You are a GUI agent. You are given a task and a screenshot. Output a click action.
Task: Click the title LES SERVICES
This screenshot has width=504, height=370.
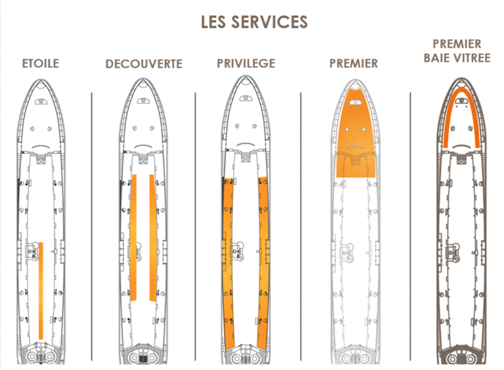(x=254, y=22)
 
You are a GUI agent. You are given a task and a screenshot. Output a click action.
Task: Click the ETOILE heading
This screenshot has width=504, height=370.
(x=40, y=64)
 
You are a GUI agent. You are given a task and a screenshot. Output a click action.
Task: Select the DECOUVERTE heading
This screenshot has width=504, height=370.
(x=144, y=64)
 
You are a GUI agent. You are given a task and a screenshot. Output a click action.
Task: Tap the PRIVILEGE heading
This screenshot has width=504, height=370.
(x=246, y=64)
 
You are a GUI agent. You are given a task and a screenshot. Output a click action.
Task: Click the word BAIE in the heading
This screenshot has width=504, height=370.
(x=436, y=58)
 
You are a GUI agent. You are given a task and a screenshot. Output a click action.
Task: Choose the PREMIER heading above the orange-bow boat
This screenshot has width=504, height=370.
(x=353, y=64)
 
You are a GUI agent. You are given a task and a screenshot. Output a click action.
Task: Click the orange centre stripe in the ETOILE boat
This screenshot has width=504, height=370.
(x=41, y=291)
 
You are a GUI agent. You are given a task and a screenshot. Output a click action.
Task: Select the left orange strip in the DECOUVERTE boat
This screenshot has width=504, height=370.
(x=133, y=238)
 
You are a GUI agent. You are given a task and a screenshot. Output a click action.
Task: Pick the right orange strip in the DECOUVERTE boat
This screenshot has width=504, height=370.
(x=153, y=238)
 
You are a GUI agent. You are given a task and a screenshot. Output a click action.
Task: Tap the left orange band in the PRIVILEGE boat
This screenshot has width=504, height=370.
(x=228, y=263)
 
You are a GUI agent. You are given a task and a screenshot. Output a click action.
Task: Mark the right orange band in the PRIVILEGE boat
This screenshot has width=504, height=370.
(x=263, y=263)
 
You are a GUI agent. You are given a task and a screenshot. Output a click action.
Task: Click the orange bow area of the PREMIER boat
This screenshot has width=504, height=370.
(x=355, y=135)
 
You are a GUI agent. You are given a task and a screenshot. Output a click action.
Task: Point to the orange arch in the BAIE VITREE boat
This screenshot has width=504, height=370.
(x=461, y=91)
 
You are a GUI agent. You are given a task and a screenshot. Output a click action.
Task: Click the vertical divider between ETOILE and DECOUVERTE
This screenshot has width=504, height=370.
(x=91, y=226)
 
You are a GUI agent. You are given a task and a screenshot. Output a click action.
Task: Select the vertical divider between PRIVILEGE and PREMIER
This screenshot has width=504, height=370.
(x=301, y=226)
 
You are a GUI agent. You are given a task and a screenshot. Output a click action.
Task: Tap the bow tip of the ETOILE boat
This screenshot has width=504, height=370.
(x=41, y=79)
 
